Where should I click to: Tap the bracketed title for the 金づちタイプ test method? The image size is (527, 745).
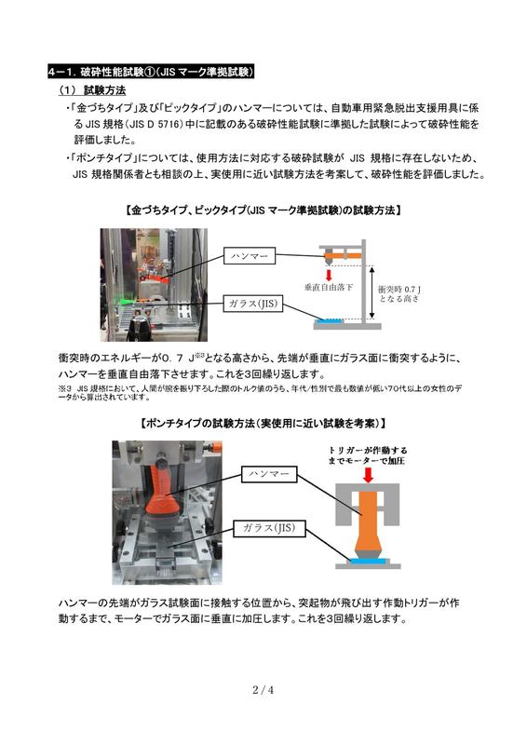click(263, 210)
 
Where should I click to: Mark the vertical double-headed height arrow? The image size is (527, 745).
click(372, 293)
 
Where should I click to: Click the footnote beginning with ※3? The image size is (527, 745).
click(261, 392)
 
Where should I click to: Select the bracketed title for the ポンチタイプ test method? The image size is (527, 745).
click(263, 424)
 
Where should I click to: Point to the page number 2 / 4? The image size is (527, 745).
click(263, 690)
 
